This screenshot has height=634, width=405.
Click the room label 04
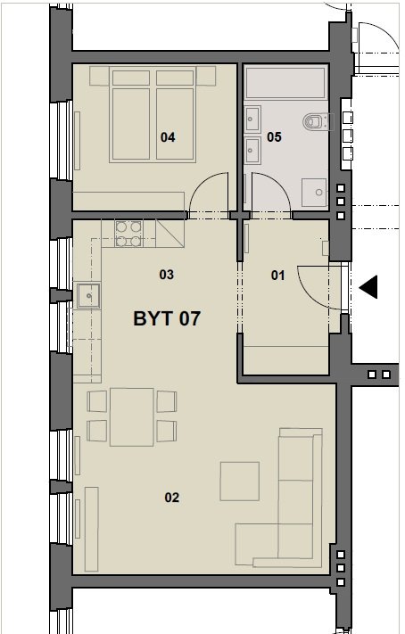pyautogui.click(x=168, y=137)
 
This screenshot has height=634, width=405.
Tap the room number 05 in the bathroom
pyautogui.click(x=274, y=137)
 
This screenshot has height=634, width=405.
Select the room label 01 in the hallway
pyautogui.click(x=277, y=276)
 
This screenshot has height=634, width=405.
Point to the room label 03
pyautogui.click(x=166, y=275)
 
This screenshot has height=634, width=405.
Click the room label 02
pyautogui.click(x=171, y=498)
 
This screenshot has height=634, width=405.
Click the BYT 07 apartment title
pyautogui.click(x=167, y=318)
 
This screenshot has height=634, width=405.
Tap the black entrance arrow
pyautogui.click(x=368, y=287)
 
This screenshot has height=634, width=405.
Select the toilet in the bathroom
pyautogui.click(x=318, y=121)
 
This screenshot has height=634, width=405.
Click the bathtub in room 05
pyautogui.click(x=285, y=83)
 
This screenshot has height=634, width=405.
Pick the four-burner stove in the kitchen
pyautogui.click(x=128, y=235)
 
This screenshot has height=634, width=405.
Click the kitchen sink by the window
pyautogui.click(x=88, y=295)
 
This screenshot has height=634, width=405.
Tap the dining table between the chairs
pyautogui.click(x=132, y=417)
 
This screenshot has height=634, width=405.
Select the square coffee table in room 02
pyautogui.click(x=239, y=482)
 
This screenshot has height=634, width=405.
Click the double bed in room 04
pyautogui.click(x=153, y=115)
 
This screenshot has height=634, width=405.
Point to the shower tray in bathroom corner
pyautogui.click(x=314, y=193)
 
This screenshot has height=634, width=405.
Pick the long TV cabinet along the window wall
pyautogui.click(x=92, y=530)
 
